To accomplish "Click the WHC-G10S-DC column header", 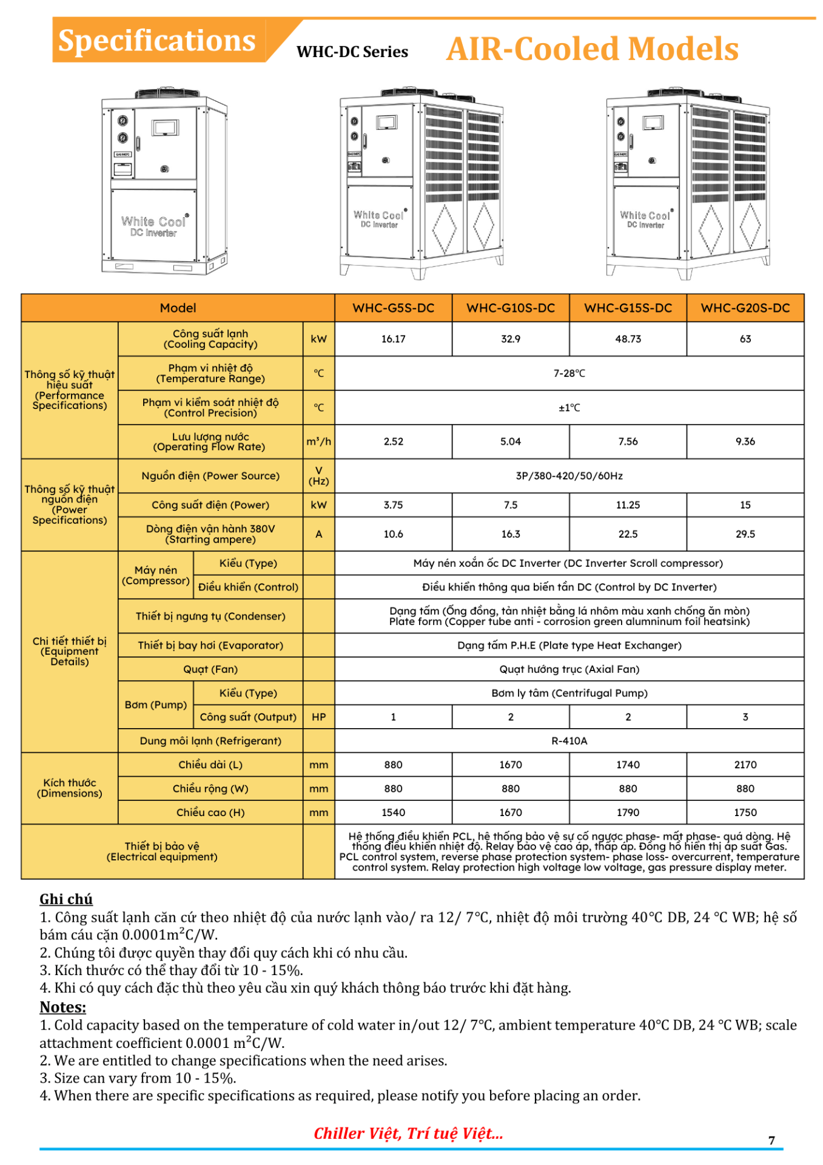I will tap(511, 308).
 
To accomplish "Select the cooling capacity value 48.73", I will tap(628, 339).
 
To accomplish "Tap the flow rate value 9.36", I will tap(745, 441).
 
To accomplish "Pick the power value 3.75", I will tap(393, 504).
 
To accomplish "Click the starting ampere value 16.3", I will tap(511, 534).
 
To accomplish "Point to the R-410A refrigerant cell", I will tap(569, 740).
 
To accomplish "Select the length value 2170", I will tap(745, 765).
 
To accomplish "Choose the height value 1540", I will tap(393, 812).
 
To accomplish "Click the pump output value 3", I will tap(745, 717).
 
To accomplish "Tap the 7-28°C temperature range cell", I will tap(569, 373).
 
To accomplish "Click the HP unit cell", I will tap(318, 717).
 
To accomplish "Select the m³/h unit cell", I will tap(318, 441).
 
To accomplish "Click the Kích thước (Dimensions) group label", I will tap(70, 788).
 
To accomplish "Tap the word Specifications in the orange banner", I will tap(157, 41).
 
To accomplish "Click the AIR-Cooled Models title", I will tap(592, 49).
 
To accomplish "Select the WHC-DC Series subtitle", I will tap(352, 52).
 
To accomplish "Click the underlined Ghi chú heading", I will tap(66, 899).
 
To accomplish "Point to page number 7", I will tap(771, 1140).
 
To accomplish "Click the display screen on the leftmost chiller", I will tap(165, 127).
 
